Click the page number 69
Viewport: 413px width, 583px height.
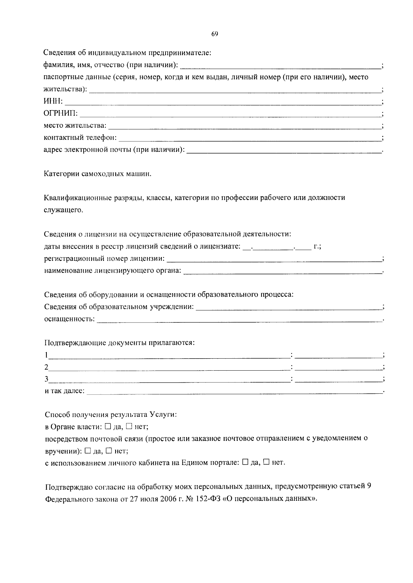[x=214, y=34]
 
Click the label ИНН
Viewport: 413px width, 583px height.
[x=53, y=102]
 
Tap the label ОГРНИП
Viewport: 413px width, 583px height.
[x=61, y=114]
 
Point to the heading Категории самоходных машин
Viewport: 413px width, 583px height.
[x=98, y=174]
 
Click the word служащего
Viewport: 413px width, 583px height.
[x=64, y=210]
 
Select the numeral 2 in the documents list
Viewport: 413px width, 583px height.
[x=46, y=367]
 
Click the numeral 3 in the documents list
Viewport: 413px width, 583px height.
[x=46, y=379]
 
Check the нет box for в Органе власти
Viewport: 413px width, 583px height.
[x=129, y=426]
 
